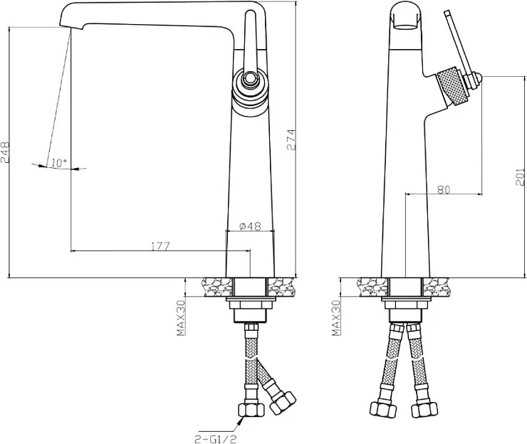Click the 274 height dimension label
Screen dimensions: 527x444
291,139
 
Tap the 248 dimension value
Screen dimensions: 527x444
5,152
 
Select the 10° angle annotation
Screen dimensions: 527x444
59,163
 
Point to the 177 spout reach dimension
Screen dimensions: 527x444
161,246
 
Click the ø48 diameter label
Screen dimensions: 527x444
251,226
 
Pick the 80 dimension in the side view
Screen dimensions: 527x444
444,190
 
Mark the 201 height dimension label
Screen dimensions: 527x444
520,177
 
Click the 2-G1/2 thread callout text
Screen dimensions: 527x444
213,438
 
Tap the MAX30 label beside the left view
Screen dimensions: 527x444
181,318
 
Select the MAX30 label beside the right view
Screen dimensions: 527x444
336,318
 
